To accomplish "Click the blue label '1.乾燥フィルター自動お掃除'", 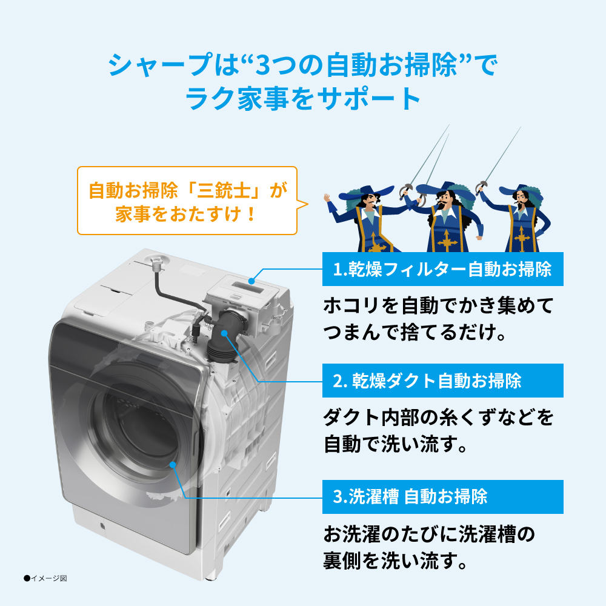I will click(x=443, y=268).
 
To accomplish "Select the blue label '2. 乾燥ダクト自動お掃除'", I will click(x=443, y=381).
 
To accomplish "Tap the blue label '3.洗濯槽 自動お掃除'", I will click(x=443, y=497).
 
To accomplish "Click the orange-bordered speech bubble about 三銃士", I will click(x=187, y=201).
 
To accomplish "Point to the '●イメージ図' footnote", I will click(x=45, y=578).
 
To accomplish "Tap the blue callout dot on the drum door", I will click(x=173, y=465).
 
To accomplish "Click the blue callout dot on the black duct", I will click(x=225, y=332).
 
